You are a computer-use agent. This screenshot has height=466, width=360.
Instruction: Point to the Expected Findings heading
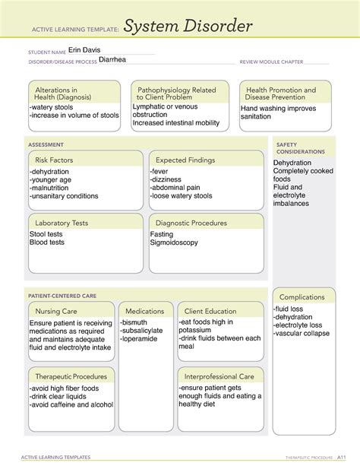185,160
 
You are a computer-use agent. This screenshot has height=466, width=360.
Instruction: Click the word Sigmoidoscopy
174,243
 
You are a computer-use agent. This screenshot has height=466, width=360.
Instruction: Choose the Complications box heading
302,296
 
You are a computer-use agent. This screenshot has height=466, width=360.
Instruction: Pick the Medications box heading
144,311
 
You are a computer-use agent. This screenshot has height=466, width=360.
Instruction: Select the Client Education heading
210,311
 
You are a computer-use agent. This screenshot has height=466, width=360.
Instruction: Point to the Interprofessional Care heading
219,376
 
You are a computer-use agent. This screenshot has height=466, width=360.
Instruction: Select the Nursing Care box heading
56,311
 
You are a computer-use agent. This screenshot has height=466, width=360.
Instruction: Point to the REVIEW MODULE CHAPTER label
271,62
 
